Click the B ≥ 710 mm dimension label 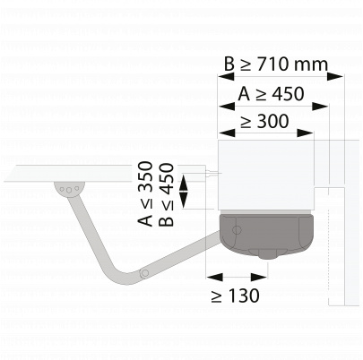[276, 64]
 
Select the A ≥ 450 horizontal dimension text [271, 94]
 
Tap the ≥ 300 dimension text [264, 121]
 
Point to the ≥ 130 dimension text [235, 296]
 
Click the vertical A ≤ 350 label [145, 193]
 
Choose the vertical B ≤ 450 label [166, 194]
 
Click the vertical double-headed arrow [183, 192]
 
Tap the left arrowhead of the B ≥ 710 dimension [226, 76]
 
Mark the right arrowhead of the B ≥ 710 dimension [334, 76]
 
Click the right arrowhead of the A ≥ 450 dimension [320, 106]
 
